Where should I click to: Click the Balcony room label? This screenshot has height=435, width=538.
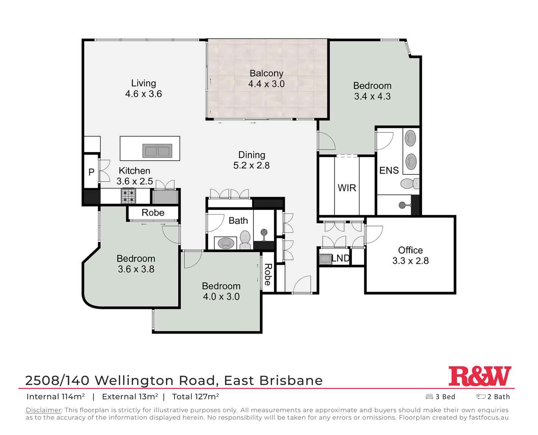tap(266, 73)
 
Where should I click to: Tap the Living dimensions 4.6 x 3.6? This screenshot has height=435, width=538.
tap(143, 94)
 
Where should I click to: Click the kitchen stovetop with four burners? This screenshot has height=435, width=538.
tap(128, 196)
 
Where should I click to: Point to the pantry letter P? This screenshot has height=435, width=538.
tap(91, 172)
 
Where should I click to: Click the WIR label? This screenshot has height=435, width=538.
tap(346, 188)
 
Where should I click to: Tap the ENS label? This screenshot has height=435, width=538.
tap(389, 171)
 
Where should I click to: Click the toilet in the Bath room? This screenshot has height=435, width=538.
tap(245, 240)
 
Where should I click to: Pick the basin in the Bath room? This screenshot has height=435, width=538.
tap(226, 243)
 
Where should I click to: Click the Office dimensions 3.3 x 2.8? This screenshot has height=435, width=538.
tap(410, 261)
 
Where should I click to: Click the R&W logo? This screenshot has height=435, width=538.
tap(480, 376)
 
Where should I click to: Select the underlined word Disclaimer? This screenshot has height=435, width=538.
tap(44, 410)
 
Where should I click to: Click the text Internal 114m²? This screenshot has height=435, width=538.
tap(56, 397)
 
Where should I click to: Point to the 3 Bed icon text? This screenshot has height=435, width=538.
tap(445, 397)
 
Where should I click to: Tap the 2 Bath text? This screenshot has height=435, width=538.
tap(498, 397)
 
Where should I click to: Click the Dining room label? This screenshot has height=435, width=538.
tap(251, 155)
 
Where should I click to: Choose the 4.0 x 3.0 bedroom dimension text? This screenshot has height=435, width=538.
tap(221, 297)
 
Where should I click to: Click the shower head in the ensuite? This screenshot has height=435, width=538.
tap(402, 205)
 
